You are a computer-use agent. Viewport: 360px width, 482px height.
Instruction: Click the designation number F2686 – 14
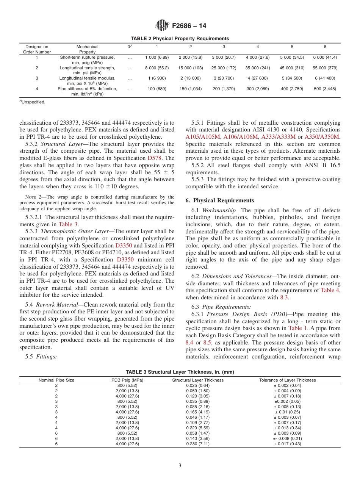click(189, 26)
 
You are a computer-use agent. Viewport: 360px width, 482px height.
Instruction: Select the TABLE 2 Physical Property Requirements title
click(180, 39)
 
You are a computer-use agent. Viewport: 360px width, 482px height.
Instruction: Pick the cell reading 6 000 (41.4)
click(325, 57)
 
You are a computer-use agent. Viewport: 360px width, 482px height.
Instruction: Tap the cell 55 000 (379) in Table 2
click(325, 68)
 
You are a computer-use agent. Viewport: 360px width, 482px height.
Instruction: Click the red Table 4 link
click(330, 291)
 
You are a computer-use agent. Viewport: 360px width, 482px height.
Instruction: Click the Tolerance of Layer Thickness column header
click(287, 380)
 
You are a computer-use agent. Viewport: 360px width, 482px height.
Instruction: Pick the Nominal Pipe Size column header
click(56, 380)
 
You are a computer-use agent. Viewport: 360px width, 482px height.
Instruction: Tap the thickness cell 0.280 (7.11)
click(198, 444)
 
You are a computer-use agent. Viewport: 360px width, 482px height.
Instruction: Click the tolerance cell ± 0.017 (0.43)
click(287, 444)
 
